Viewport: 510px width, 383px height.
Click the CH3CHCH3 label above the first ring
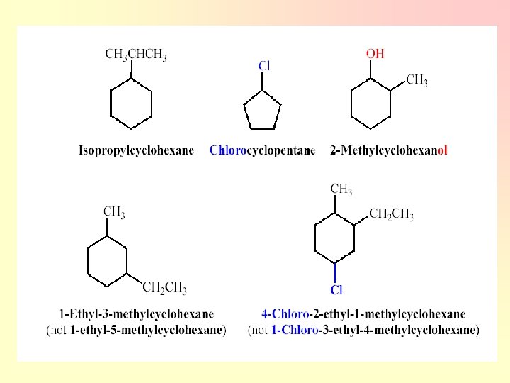point(136,55)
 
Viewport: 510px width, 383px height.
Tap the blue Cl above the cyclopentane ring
point(263,66)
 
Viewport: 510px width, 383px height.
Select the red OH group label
point(375,54)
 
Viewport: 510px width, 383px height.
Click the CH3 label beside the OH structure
point(416,80)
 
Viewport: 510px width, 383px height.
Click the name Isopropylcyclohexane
point(136,150)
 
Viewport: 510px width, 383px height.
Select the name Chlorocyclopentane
point(262,150)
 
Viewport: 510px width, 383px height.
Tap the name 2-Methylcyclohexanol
point(389,150)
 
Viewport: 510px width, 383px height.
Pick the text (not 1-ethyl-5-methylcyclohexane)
point(136,329)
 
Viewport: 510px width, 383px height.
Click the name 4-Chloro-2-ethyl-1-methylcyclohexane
point(363,313)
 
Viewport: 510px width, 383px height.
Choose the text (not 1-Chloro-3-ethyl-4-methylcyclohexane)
point(363,329)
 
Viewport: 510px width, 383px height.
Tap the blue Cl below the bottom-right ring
point(336,289)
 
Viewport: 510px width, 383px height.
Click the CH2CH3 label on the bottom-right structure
point(392,215)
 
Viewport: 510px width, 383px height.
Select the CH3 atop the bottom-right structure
point(341,189)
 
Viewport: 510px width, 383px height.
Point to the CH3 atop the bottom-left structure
point(114,211)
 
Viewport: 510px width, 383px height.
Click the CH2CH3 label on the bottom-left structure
point(164,287)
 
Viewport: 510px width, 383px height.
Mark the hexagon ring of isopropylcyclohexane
point(131,104)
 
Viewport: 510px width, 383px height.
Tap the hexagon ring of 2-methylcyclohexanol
point(371,104)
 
